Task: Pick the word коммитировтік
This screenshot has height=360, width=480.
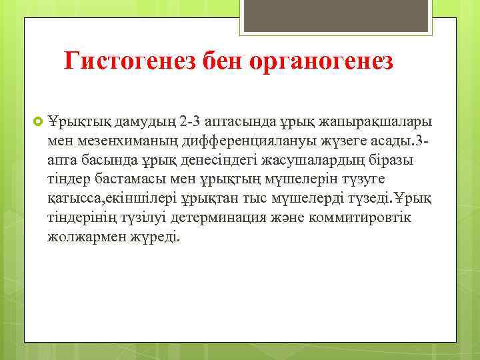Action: (373, 219)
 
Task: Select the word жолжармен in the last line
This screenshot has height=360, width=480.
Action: (83, 238)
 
